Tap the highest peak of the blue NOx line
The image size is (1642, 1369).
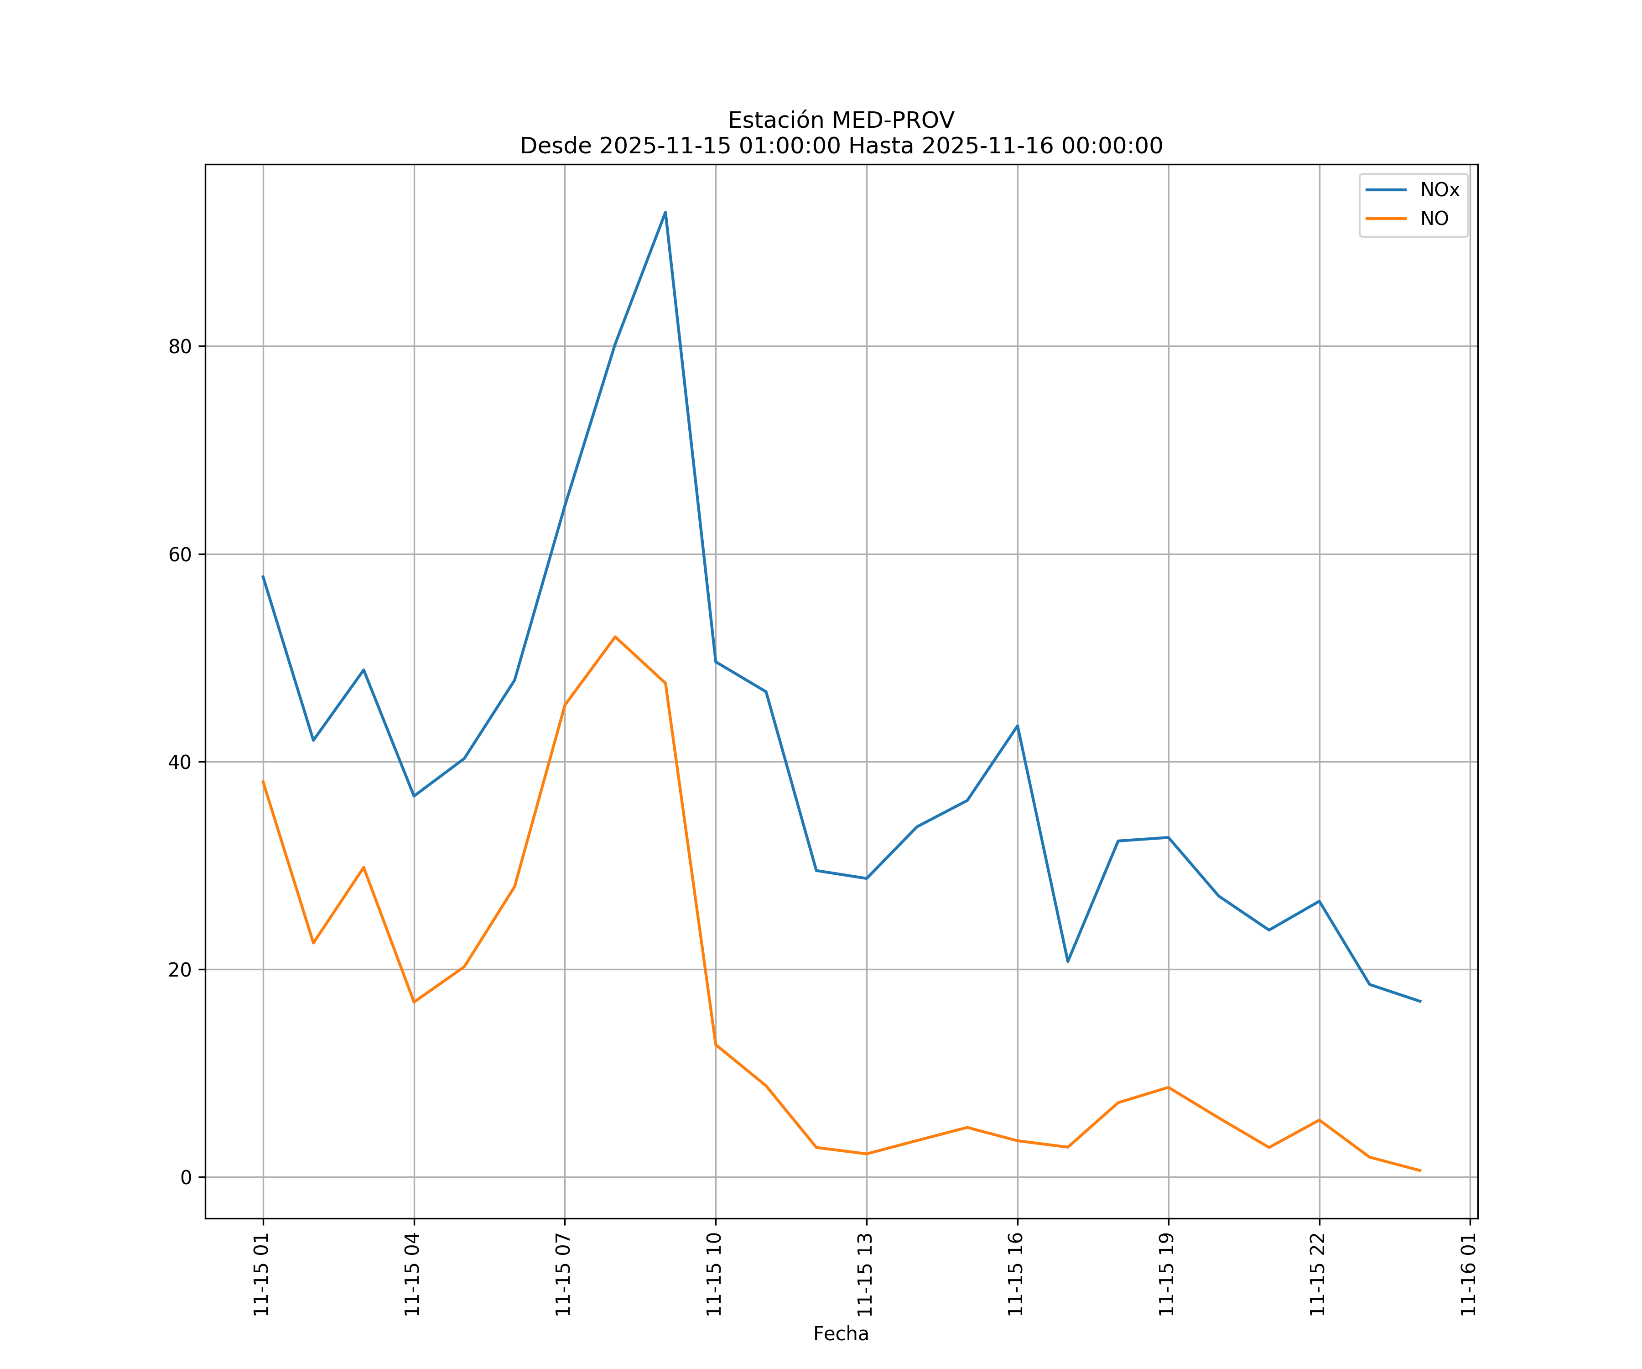[x=665, y=212]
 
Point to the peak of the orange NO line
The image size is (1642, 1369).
[x=615, y=637]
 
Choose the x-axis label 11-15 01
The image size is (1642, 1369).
[x=262, y=1275]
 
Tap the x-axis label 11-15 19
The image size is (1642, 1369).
[x=1167, y=1275]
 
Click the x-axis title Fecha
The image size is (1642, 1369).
[x=841, y=1334]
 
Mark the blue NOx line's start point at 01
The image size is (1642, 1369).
[x=263, y=576]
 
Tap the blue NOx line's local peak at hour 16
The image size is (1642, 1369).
[x=1017, y=725]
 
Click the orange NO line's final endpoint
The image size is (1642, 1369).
[x=1420, y=1171]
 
